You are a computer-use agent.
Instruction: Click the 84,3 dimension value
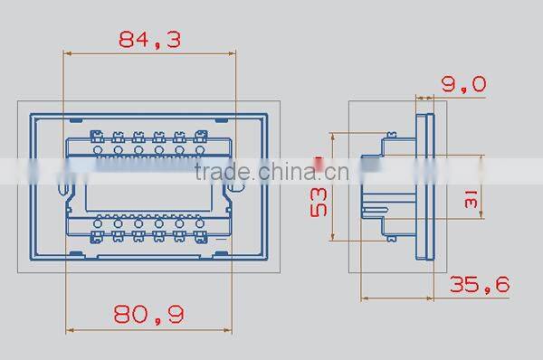coord(150,40)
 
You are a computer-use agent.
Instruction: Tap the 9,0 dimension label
coord(463,84)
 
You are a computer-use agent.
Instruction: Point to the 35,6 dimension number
coord(480,285)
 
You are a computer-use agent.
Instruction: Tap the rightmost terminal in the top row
coord(201,138)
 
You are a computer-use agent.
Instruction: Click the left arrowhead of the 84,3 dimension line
coord(66,52)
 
